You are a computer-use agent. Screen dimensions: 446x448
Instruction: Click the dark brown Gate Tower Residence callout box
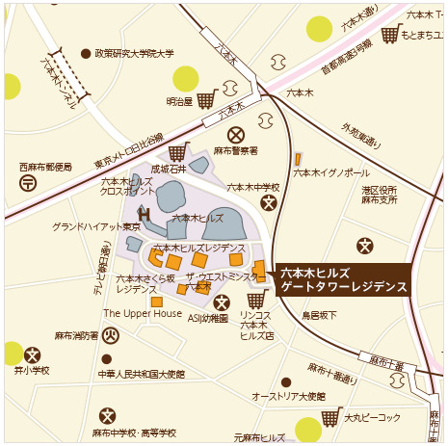point(343,279)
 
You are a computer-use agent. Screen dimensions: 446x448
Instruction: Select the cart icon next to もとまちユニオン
point(389,35)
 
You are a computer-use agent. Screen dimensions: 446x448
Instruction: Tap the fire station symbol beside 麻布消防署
point(111,336)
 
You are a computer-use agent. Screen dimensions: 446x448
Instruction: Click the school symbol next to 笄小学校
point(33,355)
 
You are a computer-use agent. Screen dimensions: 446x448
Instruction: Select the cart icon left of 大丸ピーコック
point(331,417)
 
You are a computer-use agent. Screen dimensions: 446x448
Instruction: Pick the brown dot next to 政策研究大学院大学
point(86,54)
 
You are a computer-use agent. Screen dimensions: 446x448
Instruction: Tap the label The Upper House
point(142,313)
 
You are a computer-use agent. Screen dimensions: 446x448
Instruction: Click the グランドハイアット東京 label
point(95,226)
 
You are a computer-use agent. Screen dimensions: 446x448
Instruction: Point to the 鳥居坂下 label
point(319,315)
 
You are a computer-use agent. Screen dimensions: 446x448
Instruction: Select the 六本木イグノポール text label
point(330,172)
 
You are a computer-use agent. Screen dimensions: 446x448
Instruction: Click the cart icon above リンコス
point(255,300)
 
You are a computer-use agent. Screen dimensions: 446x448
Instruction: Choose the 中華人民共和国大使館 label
point(141,373)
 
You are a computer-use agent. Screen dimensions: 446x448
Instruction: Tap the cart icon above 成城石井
point(177,152)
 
